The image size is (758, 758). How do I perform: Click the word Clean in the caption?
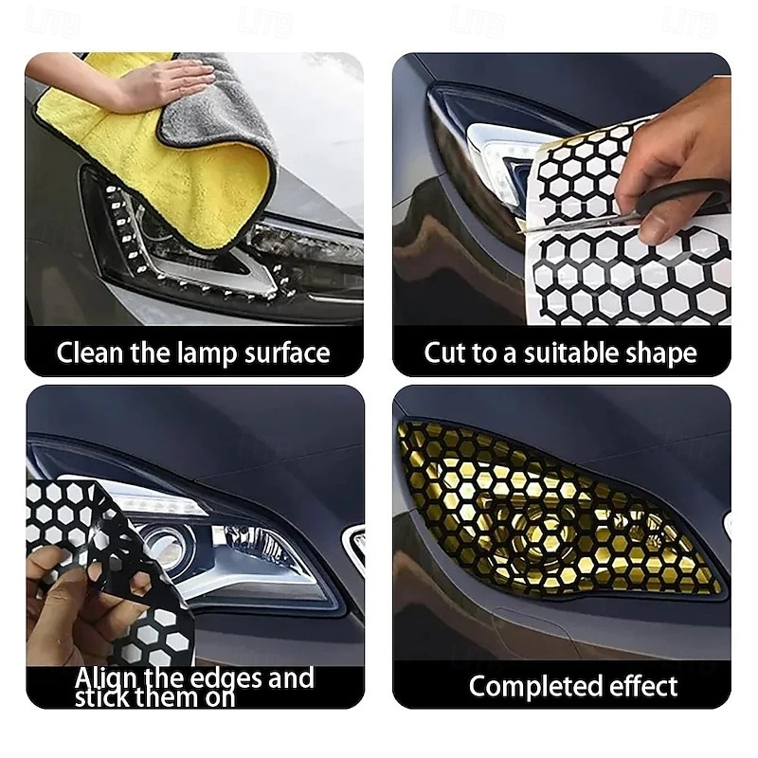click(88, 353)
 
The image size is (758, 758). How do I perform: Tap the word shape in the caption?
click(661, 353)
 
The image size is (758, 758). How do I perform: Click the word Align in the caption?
click(106, 678)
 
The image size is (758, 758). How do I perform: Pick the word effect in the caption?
click(641, 686)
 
